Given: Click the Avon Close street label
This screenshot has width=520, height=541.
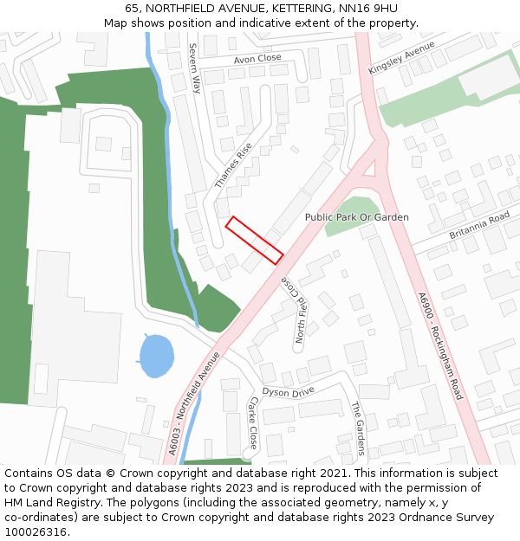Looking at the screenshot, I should coord(257,58).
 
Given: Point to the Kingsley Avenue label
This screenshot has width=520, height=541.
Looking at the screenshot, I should coord(401,58).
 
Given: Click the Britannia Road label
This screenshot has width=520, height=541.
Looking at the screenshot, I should coord(479,227).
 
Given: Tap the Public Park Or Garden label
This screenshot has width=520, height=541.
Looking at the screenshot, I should coord(357,217).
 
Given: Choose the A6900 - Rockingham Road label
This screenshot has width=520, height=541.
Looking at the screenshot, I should coord(440,345).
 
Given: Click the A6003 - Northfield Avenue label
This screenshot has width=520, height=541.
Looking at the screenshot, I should coord(195,403).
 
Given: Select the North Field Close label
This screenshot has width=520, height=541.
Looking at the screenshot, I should coord(293,310).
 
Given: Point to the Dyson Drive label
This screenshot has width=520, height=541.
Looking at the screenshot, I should coord(289,392).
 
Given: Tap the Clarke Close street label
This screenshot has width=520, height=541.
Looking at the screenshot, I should coord(253,422).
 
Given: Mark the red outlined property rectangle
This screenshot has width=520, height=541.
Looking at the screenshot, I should coord(255,240).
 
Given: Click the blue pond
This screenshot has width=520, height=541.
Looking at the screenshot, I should coord(156,356).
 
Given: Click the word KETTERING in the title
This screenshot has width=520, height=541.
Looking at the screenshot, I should coord(285,8).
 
